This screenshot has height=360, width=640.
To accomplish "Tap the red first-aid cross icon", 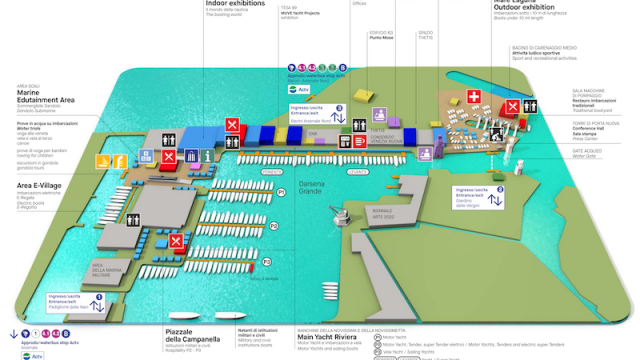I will pyautogui.click(x=473, y=97).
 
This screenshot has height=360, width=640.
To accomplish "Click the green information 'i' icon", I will pyautogui.click(x=207, y=156).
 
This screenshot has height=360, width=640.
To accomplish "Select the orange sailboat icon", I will pyautogui.click(x=103, y=160).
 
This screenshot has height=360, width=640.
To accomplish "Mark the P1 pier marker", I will pyautogui.click(x=281, y=191).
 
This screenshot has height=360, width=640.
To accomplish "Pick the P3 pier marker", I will pyautogui.click(x=267, y=262).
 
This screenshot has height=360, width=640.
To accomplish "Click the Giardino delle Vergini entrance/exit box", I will pyautogui.click(x=482, y=195).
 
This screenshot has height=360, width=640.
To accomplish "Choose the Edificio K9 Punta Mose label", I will pyautogui.click(x=381, y=38).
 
